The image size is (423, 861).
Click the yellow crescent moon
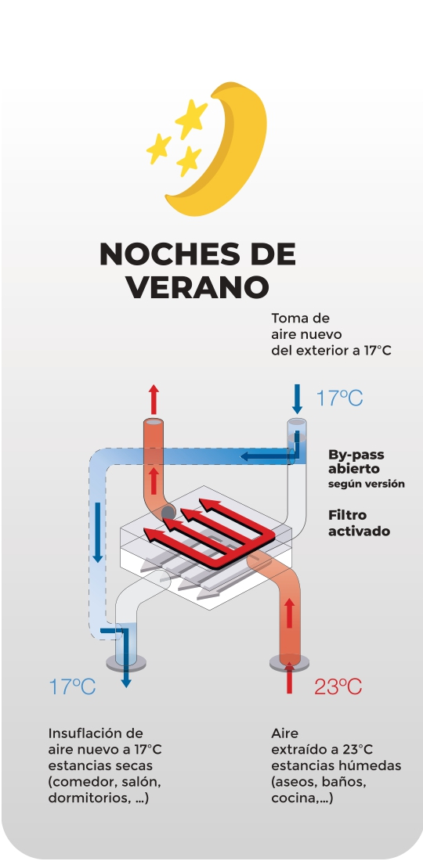click(242, 164)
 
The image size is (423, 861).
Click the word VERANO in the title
click(197, 286)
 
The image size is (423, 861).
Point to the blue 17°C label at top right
click(339, 398)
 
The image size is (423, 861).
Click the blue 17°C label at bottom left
click(73, 686)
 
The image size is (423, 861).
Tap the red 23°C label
click(338, 686)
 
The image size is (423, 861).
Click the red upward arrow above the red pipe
click(154, 399)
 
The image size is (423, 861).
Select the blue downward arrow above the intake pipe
click(297, 399)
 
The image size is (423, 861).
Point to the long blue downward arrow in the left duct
click(98, 532)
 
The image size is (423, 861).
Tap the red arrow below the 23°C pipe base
click(290, 678)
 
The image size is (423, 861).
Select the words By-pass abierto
click(356, 462)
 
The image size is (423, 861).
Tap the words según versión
click(367, 485)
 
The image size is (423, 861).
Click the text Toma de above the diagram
click(300, 319)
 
